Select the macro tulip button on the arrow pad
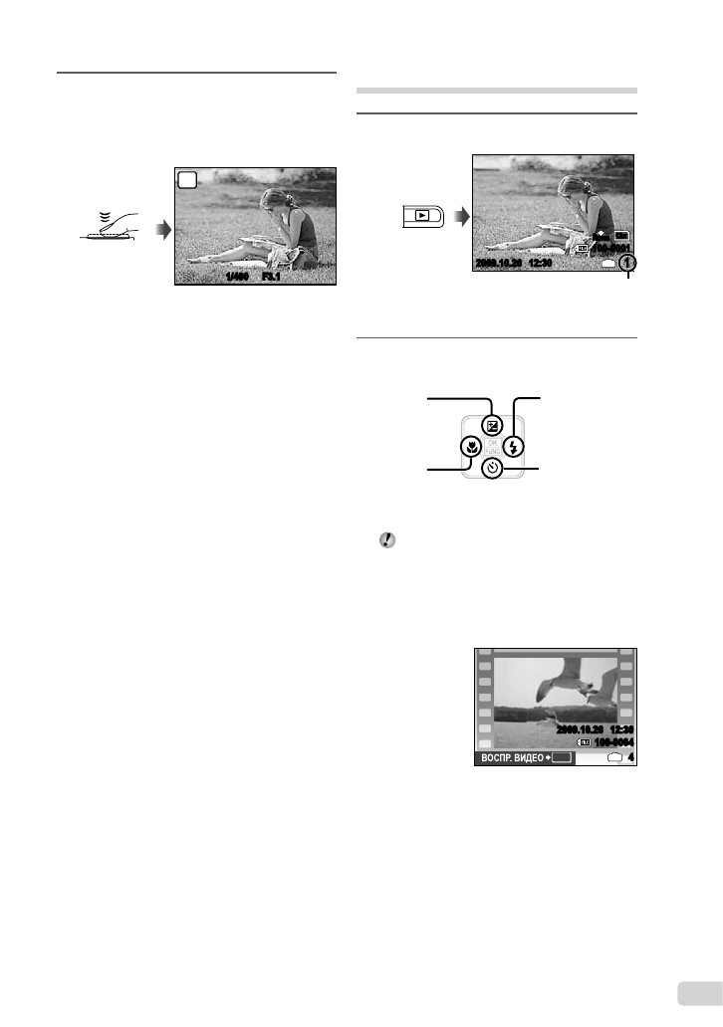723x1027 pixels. click(469, 447)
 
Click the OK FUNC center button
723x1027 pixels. click(492, 447)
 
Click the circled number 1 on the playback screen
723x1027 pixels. click(627, 265)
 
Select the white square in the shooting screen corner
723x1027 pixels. click(187, 179)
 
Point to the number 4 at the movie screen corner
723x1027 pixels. click(630, 757)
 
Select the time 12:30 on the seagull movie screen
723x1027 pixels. click(616, 727)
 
